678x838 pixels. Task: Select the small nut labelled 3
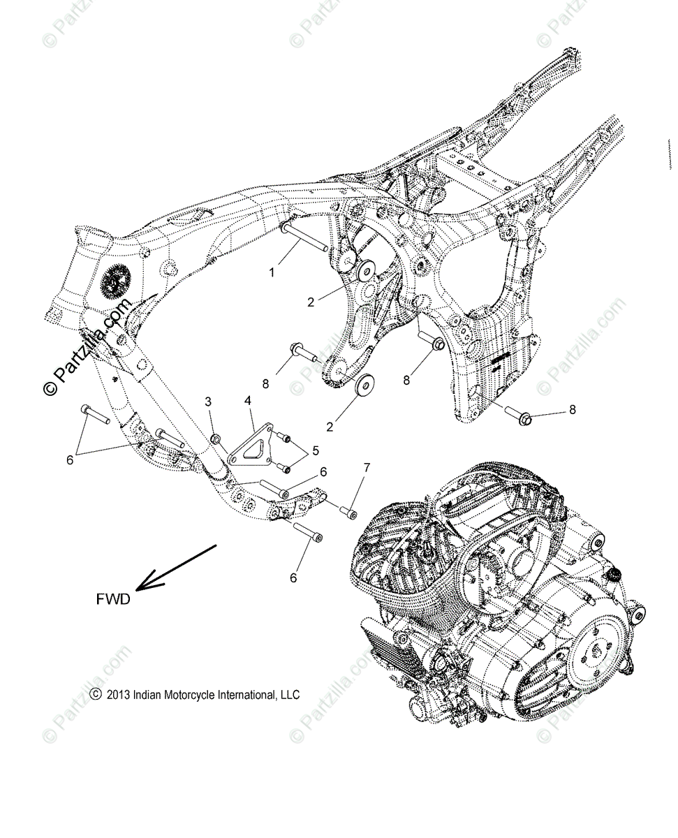tap(216, 439)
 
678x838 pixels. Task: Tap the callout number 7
tap(367, 466)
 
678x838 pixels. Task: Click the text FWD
tap(114, 599)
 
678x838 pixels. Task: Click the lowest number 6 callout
tap(293, 578)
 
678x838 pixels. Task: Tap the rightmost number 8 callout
tap(573, 410)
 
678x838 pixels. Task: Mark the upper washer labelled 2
tap(364, 271)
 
